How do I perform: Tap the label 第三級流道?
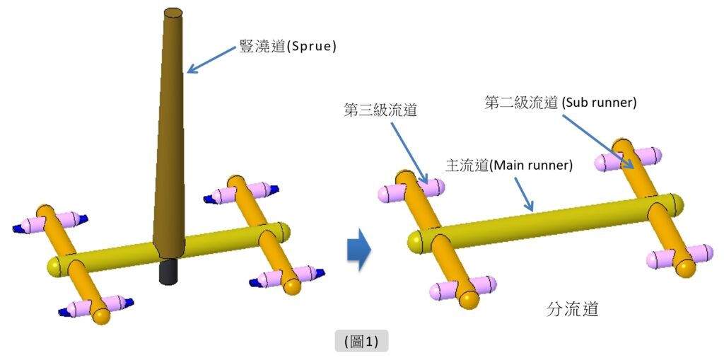(x=379, y=110)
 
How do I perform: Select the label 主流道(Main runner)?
(x=508, y=165)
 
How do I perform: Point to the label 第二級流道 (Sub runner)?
(x=561, y=102)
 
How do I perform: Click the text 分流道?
(x=573, y=309)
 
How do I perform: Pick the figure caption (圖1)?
(x=361, y=341)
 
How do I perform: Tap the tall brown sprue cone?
(x=170, y=141)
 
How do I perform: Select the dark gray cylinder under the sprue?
(x=167, y=271)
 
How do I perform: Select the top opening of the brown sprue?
(x=173, y=12)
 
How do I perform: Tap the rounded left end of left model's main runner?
(x=54, y=267)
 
